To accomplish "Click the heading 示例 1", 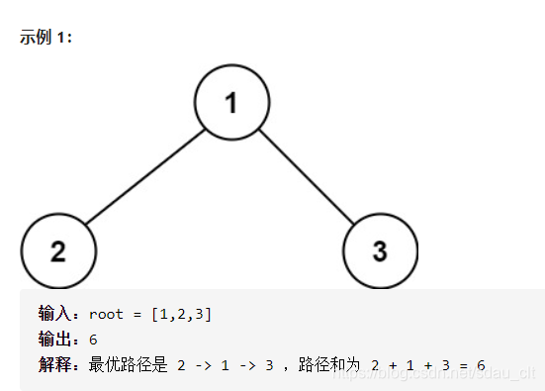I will [45, 38].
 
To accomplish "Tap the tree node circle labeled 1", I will [230, 103].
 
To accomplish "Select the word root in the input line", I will [106, 314].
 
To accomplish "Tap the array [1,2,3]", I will [181, 314].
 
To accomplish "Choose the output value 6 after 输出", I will [93, 340].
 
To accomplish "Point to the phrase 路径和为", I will [331, 365].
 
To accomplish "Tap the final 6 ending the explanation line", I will [481, 365].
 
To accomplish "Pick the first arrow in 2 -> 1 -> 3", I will [203, 365].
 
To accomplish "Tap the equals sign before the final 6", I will [462, 365].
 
